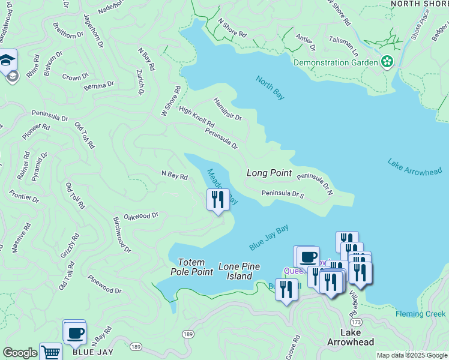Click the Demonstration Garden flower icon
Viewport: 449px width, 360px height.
tap(387, 61)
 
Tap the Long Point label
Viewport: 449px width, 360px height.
tap(270, 173)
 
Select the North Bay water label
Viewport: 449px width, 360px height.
tap(270, 88)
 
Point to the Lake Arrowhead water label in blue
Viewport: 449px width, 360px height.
tap(414, 167)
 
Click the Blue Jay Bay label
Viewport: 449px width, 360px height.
tap(269, 238)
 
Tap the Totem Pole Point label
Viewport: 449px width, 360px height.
tap(196, 267)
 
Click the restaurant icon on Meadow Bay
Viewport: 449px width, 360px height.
tap(218, 199)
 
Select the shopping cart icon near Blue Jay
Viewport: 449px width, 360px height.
tap(51, 353)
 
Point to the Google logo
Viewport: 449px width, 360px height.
tap(20, 353)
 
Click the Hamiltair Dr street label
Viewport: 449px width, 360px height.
tap(227, 109)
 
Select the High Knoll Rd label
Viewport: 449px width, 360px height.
tap(196, 116)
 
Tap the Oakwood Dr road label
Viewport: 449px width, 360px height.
tap(140, 215)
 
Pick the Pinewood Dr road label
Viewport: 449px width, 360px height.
tap(104, 285)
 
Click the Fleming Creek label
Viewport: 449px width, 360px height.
tap(421, 314)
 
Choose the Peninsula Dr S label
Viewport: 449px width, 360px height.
tap(283, 194)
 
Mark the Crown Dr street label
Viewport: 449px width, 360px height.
tap(75, 77)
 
